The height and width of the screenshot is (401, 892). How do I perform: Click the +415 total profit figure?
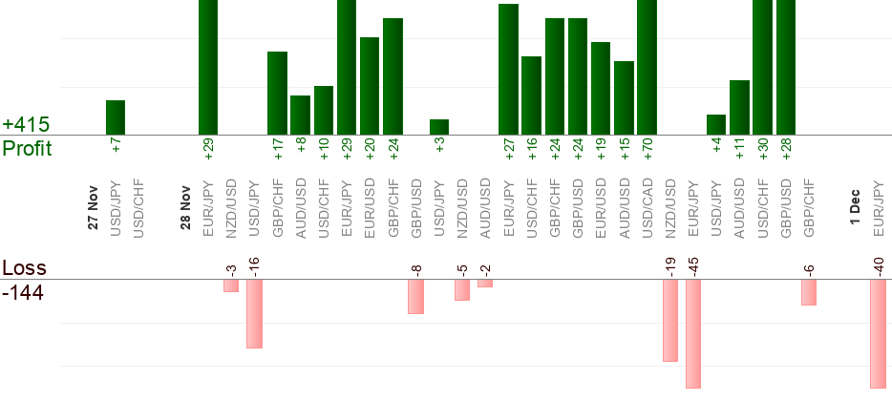[x=26, y=125]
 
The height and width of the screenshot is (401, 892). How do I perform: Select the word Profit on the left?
[x=27, y=149]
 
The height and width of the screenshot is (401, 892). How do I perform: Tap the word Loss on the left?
[x=24, y=268]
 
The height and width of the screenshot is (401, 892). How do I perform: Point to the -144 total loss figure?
[x=23, y=292]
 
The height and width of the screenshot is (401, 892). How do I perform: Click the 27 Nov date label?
[x=93, y=210]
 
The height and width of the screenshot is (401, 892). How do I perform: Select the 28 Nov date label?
[x=185, y=210]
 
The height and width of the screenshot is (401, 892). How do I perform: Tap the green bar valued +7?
[x=116, y=117]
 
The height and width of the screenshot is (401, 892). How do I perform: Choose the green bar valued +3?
[x=439, y=127]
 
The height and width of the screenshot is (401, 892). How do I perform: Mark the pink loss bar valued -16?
[x=254, y=314]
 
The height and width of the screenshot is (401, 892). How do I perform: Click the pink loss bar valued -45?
[x=693, y=334]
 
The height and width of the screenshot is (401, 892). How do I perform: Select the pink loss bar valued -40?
[x=879, y=333]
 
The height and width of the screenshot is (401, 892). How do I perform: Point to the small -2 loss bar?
[x=485, y=284]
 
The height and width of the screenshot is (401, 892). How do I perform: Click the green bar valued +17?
[x=277, y=94]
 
